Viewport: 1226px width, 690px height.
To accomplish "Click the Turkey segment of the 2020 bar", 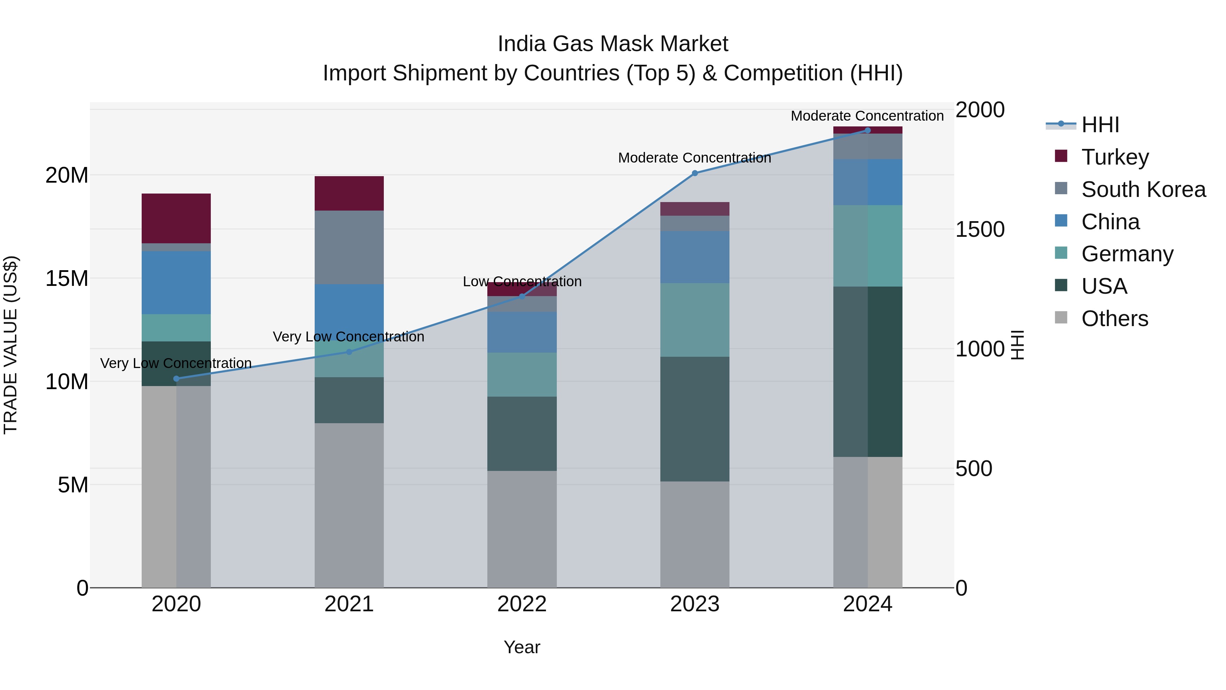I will pos(176,218).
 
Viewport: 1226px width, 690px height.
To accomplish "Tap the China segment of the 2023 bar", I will pos(694,257).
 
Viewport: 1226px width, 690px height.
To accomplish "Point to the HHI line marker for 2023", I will pos(694,173).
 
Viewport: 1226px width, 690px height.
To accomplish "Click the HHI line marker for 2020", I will pos(176,379).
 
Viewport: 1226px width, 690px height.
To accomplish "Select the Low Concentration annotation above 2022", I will pos(522,281).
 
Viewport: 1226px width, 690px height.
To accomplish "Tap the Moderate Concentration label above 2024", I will pos(867,116).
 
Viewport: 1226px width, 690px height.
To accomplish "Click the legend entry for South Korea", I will pos(1143,189).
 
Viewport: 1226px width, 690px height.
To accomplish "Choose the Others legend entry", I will pos(1114,319).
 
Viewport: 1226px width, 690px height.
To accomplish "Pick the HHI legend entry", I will pos(1100,125).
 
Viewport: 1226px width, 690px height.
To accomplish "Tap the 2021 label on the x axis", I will pos(349,604).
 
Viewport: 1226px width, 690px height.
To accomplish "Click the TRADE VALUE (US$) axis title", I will pos(11,345).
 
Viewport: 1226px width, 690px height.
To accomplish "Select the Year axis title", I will pos(522,647).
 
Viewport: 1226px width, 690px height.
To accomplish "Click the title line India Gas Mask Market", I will pos(613,44).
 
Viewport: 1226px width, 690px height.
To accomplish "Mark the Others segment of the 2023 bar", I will pos(694,534).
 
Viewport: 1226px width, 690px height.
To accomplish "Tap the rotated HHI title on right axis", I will pos(1017,345).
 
